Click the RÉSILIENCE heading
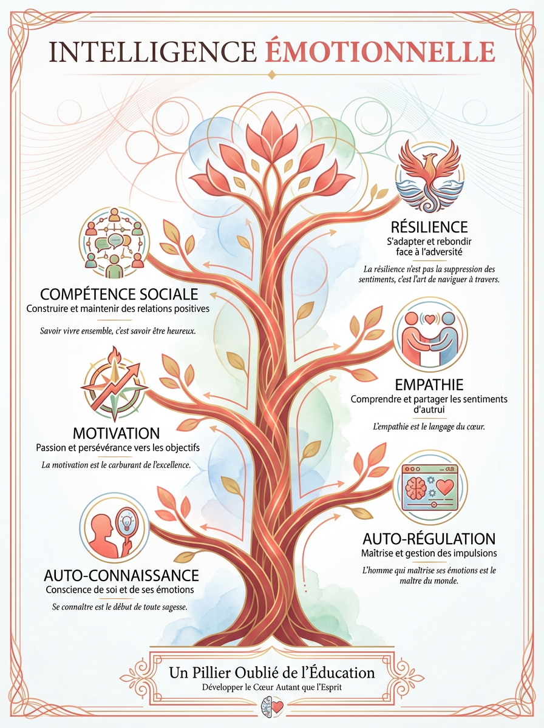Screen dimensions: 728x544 click(x=430, y=227)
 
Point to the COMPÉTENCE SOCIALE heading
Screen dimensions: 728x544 click(x=119, y=294)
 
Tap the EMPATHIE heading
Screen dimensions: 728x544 click(x=429, y=385)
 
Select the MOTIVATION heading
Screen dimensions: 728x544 click(x=117, y=433)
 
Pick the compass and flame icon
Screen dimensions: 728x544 click(x=115, y=385)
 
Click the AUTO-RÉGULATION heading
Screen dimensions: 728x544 click(x=429, y=538)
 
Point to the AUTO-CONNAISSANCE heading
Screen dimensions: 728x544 click(x=121, y=575)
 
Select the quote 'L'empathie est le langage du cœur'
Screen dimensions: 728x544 click(x=429, y=426)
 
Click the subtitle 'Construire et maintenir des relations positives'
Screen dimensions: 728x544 click(x=118, y=309)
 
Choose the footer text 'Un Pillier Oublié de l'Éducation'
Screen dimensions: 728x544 click(x=271, y=673)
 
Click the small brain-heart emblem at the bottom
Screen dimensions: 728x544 click(x=271, y=707)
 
